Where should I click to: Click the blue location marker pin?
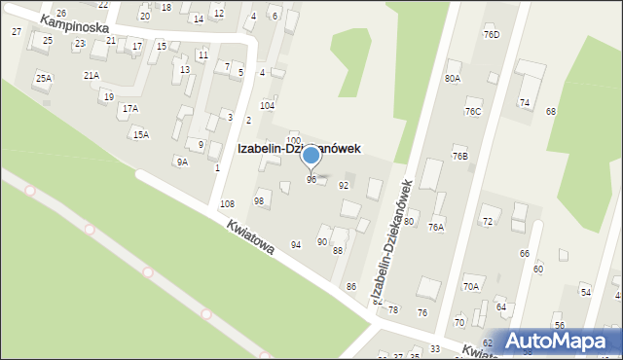click(311, 156)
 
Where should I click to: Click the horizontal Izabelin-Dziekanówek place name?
click(299, 149)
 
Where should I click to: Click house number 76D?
click(491, 35)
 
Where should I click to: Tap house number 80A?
click(452, 78)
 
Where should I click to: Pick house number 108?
click(227, 203)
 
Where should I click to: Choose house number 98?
click(259, 200)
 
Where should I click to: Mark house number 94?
click(296, 244)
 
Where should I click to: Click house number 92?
click(343, 185)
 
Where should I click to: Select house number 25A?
click(43, 78)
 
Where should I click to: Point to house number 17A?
click(129, 108)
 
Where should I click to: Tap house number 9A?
click(181, 162)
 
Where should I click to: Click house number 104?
click(267, 105)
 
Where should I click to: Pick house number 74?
click(524, 102)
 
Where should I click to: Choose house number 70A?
click(471, 286)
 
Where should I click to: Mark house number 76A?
click(436, 227)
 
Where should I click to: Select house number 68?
click(550, 111)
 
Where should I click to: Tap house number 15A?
click(141, 134)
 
